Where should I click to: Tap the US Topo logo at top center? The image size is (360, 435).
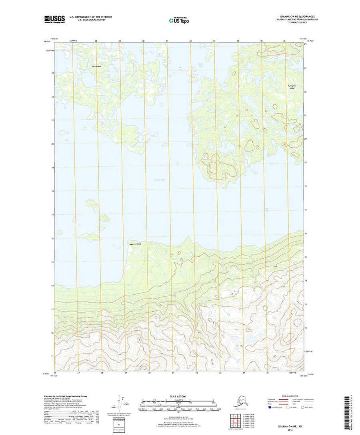tap(178, 20)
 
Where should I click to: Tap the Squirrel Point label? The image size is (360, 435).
tap(135, 243)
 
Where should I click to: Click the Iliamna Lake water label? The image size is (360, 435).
tap(159, 180)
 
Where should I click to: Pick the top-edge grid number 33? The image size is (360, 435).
tap(214, 41)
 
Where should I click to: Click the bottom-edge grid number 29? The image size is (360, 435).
tap(126, 373)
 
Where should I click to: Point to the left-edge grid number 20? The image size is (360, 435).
tap(52, 144)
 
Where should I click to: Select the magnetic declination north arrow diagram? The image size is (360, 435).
tap(120, 404)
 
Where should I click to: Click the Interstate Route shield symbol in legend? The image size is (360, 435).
tap(271, 408)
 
